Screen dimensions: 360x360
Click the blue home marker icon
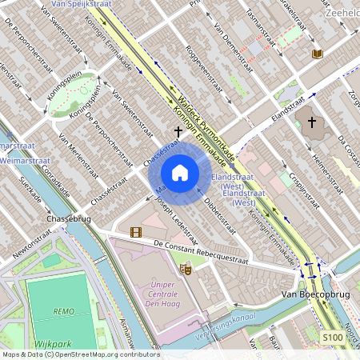coord(180,172)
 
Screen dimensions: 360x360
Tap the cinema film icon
coord(136,232)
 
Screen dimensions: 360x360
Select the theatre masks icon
coord(186,270)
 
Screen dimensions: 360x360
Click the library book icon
coord(318,54)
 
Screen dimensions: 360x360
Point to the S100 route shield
coord(334,338)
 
